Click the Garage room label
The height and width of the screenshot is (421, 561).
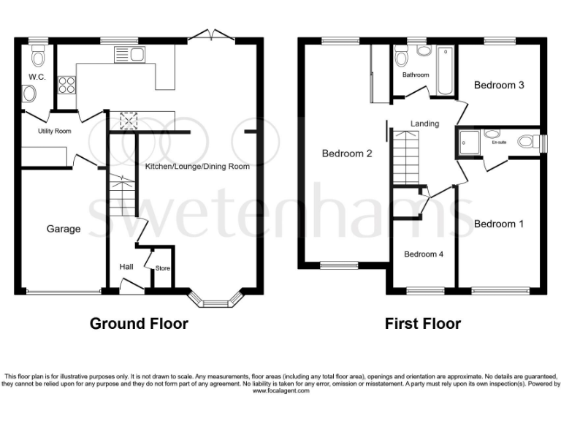click(x=64, y=229)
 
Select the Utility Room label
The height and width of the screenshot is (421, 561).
click(x=55, y=132)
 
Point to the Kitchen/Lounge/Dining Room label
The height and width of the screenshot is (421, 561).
click(x=197, y=167)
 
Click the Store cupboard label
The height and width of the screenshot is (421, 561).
click(x=162, y=269)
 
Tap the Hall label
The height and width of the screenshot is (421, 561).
click(x=126, y=266)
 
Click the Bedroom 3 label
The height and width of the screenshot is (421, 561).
click(x=499, y=85)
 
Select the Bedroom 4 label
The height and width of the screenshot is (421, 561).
click(x=423, y=254)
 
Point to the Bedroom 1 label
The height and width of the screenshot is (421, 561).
click(x=499, y=224)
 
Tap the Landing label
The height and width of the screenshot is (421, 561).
click(x=424, y=124)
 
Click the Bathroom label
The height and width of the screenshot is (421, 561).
click(x=415, y=75)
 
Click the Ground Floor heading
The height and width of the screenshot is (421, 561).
click(x=139, y=323)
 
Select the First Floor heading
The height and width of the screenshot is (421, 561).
click(x=423, y=323)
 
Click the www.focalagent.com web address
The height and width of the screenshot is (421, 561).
click(x=281, y=391)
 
